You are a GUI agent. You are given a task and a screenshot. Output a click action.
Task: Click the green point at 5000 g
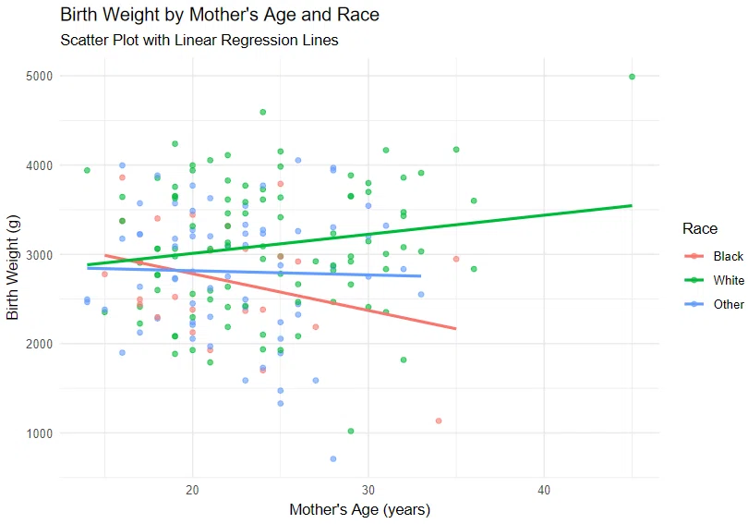[632, 77]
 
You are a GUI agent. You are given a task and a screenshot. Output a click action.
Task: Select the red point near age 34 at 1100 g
[439, 420]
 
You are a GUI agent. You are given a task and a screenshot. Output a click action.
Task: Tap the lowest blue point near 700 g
[333, 459]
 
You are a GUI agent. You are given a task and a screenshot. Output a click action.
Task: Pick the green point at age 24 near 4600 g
[263, 112]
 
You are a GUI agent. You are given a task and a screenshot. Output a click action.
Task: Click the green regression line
[360, 235]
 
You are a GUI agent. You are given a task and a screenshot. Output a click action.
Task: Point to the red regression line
[281, 292]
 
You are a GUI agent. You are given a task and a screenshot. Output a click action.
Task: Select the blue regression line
[254, 272]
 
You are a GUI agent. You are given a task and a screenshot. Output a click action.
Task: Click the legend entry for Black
[714, 256]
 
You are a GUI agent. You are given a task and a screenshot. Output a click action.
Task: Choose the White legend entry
[714, 280]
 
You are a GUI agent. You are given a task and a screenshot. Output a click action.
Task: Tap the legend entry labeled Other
[714, 304]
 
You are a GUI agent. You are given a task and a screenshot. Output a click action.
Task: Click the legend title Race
[700, 228]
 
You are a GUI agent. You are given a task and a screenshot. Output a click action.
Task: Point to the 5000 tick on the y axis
[39, 77]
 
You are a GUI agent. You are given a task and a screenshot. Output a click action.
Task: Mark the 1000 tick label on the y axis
[39, 433]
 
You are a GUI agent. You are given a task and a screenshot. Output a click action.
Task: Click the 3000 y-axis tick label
[39, 255]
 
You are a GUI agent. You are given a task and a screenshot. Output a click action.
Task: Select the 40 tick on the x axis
[544, 490]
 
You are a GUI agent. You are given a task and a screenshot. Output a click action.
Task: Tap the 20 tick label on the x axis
[192, 490]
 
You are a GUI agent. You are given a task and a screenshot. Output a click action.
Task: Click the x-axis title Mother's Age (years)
[360, 510]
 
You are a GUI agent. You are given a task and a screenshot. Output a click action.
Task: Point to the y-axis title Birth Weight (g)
[12, 267]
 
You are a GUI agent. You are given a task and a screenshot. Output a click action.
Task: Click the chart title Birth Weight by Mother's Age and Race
[220, 15]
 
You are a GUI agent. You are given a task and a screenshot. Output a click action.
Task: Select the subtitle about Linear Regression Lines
[199, 40]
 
